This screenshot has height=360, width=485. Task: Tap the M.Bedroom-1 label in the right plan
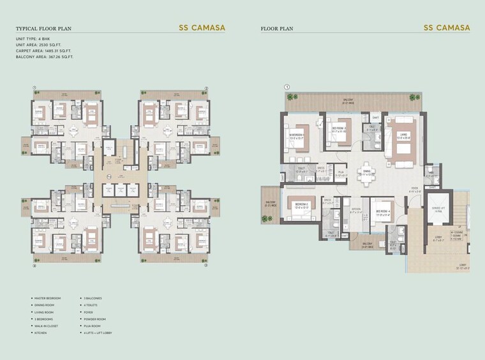[297, 135]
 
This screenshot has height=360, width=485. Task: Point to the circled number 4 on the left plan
[34, 266]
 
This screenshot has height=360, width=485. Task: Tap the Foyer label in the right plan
[414, 186]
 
